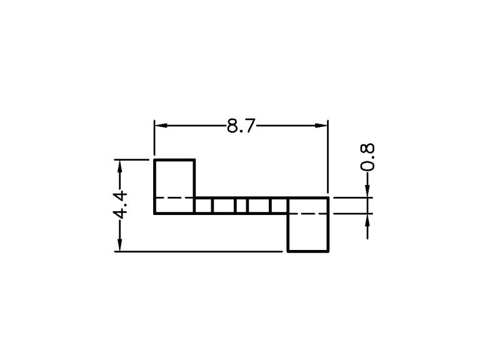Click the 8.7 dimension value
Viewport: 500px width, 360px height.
[x=241, y=126]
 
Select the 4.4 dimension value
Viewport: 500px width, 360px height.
[x=120, y=205]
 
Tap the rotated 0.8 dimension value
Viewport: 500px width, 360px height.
[x=367, y=157]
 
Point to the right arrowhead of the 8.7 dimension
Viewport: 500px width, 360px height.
[x=321, y=126]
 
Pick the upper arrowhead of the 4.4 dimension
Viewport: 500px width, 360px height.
[x=120, y=166]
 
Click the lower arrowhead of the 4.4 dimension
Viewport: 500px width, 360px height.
[x=120, y=245]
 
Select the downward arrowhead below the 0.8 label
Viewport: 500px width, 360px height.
[x=367, y=191]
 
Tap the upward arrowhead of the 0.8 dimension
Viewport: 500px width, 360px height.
[x=367, y=220]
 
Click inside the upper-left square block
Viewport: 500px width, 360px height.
[x=174, y=179]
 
